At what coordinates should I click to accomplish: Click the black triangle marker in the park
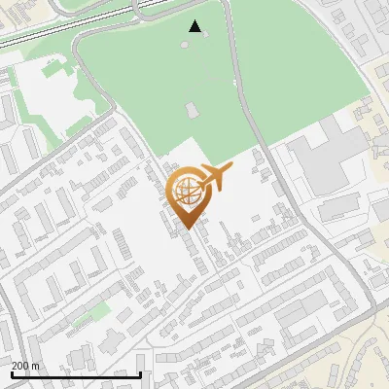[195, 26]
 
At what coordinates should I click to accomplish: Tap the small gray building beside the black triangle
[187, 44]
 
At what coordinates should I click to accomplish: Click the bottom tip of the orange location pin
[188, 229]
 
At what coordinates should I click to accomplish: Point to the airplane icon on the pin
[215, 178]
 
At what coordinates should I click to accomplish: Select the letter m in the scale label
[36, 366]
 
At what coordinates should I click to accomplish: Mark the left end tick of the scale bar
[11, 374]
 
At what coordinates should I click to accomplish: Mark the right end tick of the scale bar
[141, 374]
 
